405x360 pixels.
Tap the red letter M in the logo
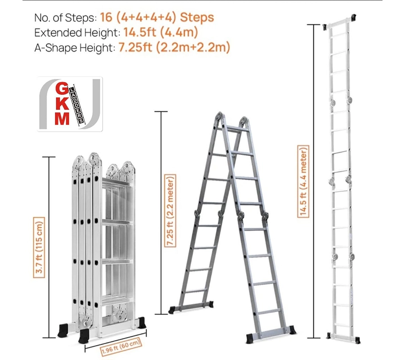click(62, 118)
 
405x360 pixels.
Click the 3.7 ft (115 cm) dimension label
click(39, 247)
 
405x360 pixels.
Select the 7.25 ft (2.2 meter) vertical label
click(170, 211)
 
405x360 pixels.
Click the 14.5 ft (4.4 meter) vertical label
click(303, 181)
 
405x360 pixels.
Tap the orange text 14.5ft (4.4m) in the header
click(161, 32)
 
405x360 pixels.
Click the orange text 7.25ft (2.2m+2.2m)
click(174, 48)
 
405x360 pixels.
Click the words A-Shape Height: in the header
click(75, 48)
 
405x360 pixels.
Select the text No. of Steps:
click(66, 18)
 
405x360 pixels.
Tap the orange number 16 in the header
click(106, 17)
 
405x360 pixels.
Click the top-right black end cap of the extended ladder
click(352, 17)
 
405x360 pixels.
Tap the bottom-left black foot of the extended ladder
click(328, 335)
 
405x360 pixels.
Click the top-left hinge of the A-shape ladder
click(219, 117)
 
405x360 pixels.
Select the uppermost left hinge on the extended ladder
click(333, 102)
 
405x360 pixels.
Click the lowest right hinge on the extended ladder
click(352, 257)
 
